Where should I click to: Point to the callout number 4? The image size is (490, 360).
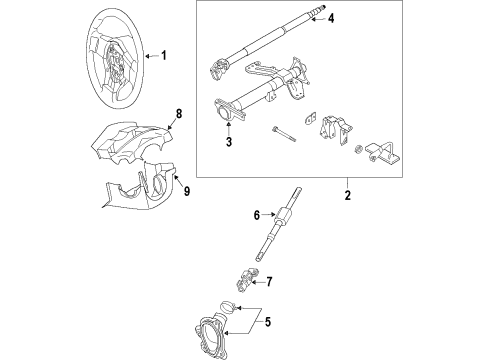coord(331,18)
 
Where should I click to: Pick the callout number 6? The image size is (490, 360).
coord(256,214)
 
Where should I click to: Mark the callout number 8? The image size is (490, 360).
coord(179,115)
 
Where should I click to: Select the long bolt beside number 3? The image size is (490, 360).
coord(284,131)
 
